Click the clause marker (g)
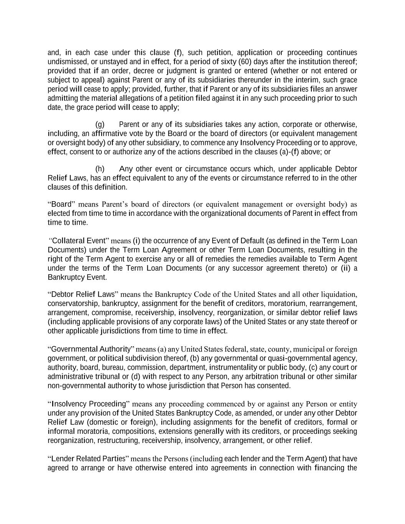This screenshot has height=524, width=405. pos(100,124)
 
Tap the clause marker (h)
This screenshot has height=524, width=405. pos(100,169)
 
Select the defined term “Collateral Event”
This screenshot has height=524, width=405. pos(80,241)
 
